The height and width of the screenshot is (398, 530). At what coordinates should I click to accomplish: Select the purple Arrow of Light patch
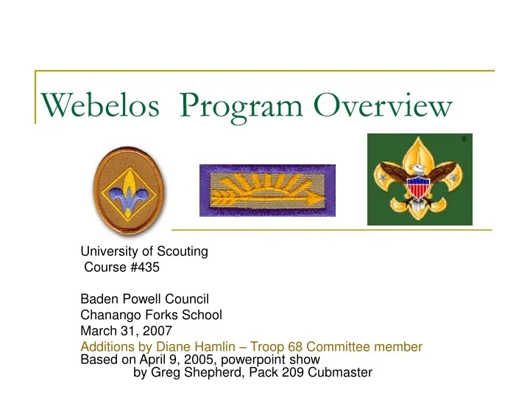(267, 190)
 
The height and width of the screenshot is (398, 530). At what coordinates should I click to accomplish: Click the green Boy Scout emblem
(420, 179)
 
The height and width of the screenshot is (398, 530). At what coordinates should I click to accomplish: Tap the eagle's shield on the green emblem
(420, 184)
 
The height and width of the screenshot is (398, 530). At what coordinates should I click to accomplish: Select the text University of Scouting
(144, 251)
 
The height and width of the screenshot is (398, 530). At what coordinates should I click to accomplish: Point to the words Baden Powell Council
(145, 299)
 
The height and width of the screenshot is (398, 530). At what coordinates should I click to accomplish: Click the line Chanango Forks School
(151, 315)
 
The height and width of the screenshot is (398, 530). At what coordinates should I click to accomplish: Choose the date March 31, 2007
(126, 331)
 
